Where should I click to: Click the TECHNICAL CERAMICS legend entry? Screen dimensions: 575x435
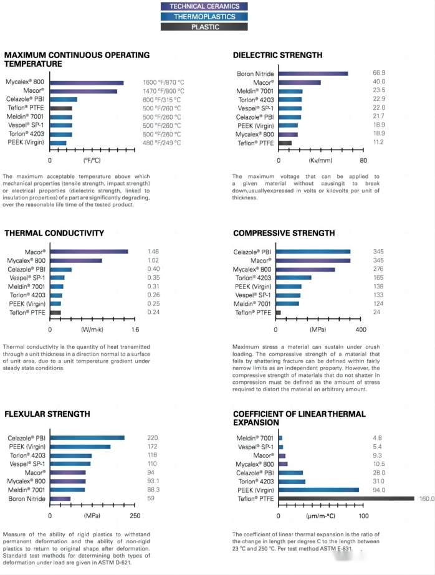[x=204, y=6]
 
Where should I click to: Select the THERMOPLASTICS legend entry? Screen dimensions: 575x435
[x=204, y=17]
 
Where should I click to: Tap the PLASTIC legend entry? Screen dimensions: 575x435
[x=204, y=27]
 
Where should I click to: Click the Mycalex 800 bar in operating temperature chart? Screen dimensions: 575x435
[x=87, y=82]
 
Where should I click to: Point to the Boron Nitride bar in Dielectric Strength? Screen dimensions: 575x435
[x=312, y=74]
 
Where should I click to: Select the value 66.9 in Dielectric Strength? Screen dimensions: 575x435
[x=379, y=74]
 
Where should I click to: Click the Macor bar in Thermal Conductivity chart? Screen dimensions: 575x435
[x=89, y=252]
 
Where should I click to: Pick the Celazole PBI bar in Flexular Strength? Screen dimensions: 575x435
[x=87, y=438]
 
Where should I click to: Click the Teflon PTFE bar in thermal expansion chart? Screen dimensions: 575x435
[x=346, y=498]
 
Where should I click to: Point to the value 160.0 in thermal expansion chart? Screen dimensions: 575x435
[x=426, y=498]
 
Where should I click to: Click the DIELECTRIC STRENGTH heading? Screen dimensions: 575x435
[x=277, y=55]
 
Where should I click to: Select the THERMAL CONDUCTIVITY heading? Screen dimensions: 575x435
[x=54, y=233]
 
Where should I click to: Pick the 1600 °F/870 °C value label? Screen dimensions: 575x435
[x=164, y=82]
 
